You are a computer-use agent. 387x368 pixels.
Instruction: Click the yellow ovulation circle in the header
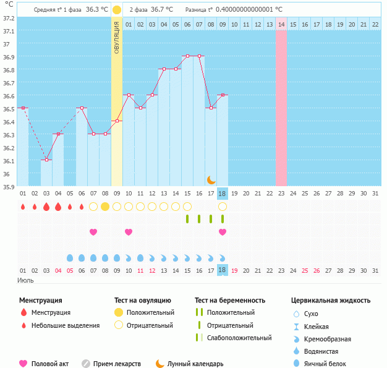click(117, 10)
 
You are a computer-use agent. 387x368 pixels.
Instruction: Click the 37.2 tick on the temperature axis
click(9, 18)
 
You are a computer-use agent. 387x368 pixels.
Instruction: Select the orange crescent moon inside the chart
click(211, 179)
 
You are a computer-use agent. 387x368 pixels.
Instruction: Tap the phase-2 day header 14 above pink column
click(281, 24)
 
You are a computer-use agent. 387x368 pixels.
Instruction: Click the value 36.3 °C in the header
click(96, 10)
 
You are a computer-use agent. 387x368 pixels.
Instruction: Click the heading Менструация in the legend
click(40, 301)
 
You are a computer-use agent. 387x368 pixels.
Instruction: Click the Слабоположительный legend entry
click(239, 338)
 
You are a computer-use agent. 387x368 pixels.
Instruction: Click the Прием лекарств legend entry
click(117, 364)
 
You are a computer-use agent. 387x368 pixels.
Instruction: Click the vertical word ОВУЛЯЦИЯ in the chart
click(117, 38)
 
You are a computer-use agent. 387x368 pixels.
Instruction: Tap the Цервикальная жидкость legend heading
click(331, 301)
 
